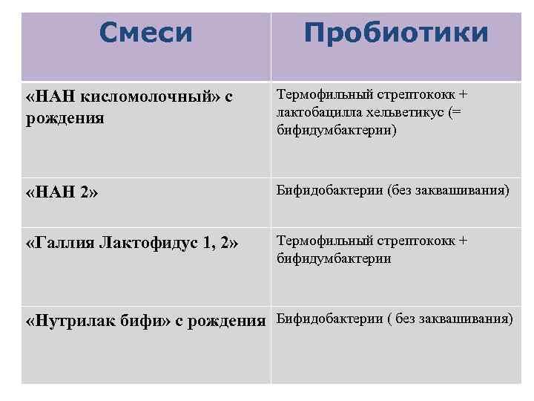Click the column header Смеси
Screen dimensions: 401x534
[145, 32]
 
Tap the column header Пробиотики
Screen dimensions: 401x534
[396, 33]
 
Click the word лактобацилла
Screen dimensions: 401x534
[324, 112]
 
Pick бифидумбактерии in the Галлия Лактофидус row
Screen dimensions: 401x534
[334, 258]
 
